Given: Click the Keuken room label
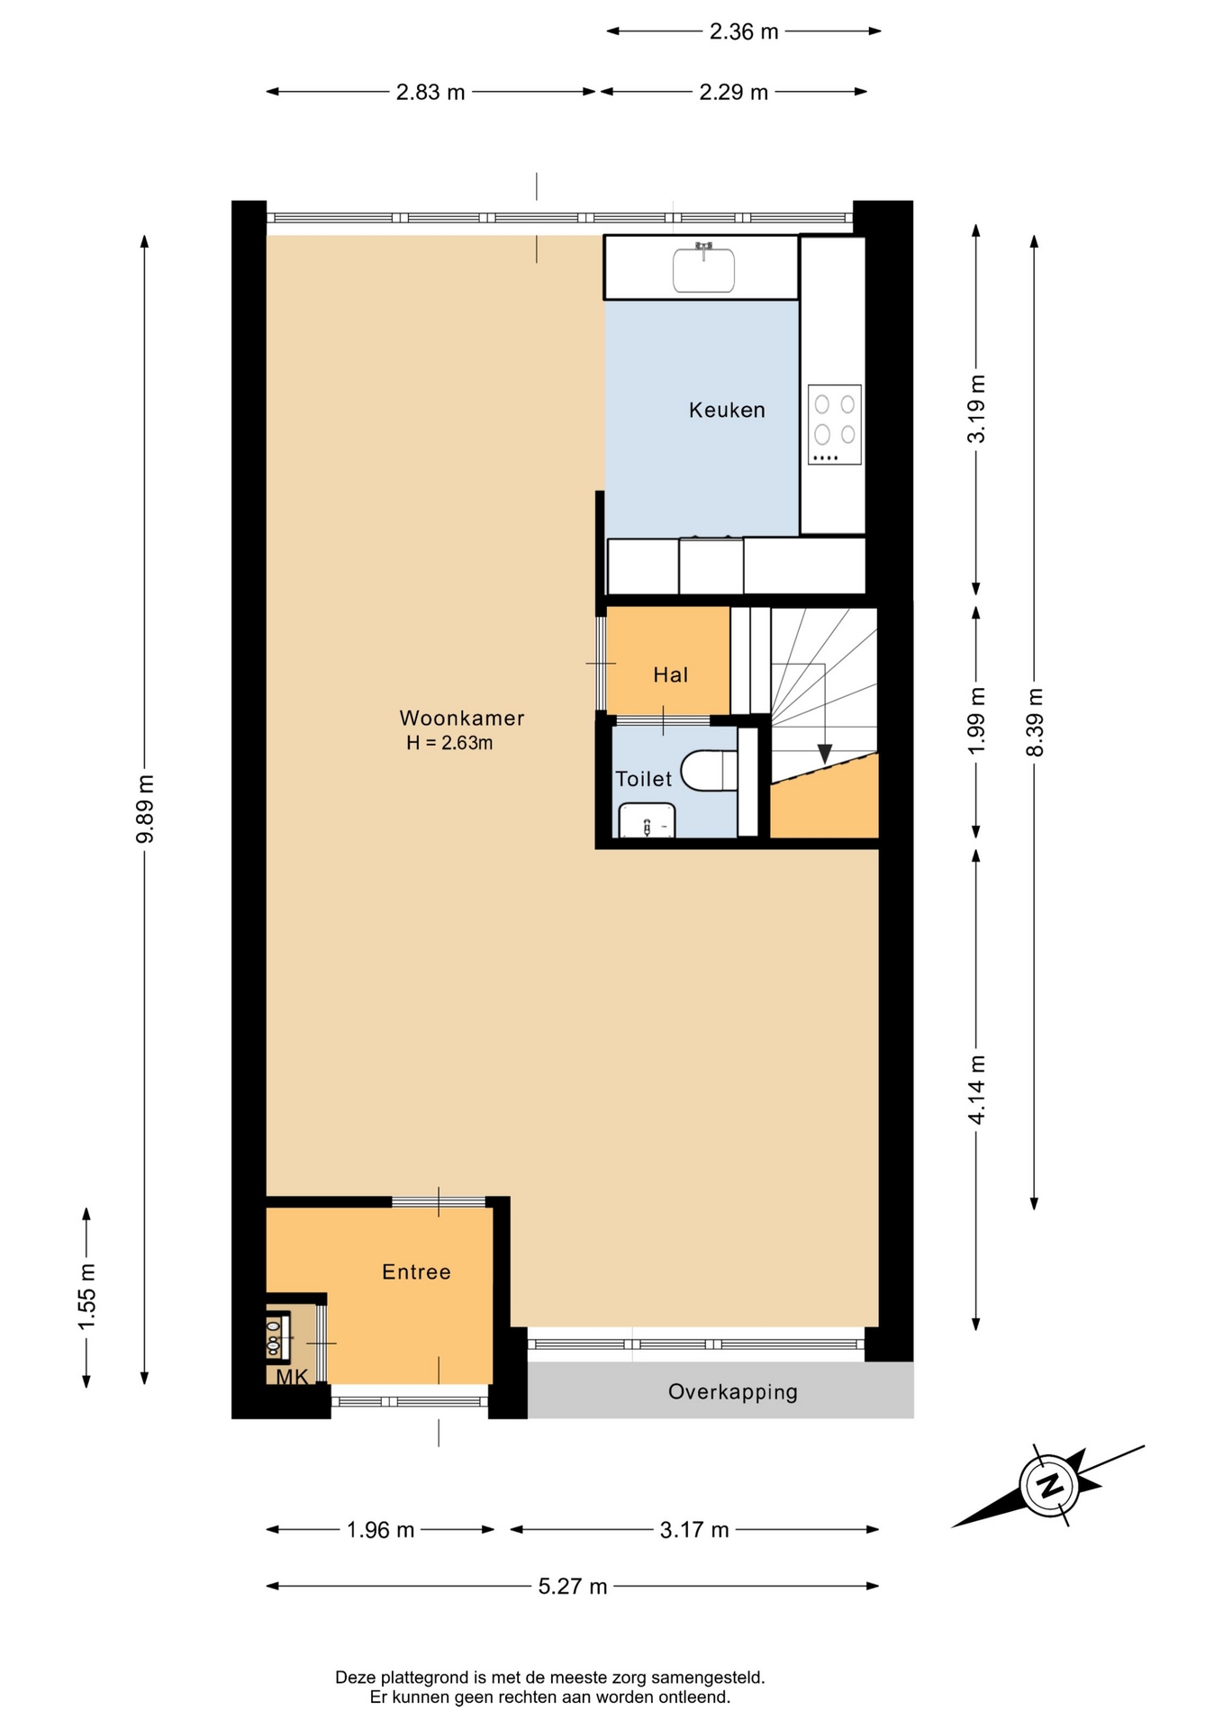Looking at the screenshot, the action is click(727, 410).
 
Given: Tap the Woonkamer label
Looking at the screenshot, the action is click(462, 718).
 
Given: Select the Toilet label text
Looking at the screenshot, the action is click(643, 779).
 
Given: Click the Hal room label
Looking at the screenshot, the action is click(671, 674).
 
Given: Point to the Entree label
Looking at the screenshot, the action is click(416, 1272).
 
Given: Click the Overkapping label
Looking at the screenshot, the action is click(733, 1392).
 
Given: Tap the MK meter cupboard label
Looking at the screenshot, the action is click(292, 1377).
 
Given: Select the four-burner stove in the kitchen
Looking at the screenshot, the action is click(835, 425).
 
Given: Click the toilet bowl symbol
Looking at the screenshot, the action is click(709, 771).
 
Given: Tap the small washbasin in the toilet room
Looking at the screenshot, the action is click(647, 819).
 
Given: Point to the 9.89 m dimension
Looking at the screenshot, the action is click(145, 809).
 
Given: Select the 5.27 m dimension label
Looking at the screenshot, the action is click(573, 1586).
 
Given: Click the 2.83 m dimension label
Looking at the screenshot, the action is click(430, 92).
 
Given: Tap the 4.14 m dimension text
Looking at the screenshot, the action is click(977, 1090).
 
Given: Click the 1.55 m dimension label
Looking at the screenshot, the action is click(86, 1297).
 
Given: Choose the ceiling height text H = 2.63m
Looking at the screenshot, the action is click(449, 743).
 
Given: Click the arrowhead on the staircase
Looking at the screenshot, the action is click(824, 754).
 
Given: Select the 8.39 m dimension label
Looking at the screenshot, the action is click(1035, 722).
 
